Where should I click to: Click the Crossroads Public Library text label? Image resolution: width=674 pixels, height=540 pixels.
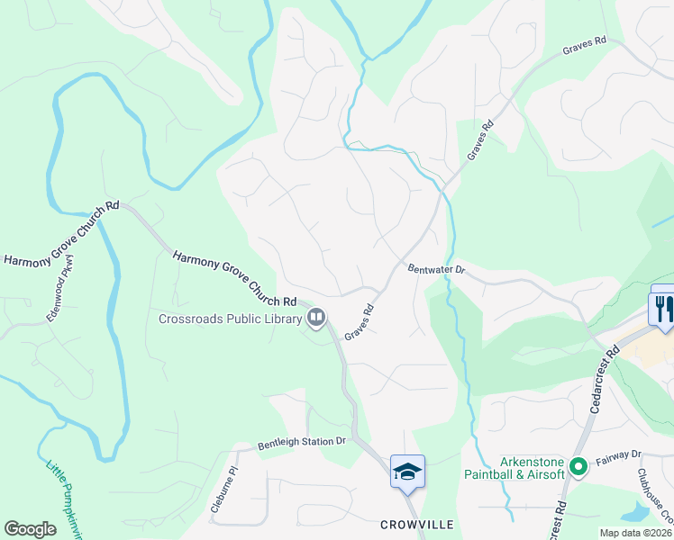(x=231, y=318)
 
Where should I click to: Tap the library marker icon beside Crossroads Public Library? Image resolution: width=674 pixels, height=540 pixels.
(x=316, y=317)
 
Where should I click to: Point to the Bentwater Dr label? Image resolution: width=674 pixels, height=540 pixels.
(x=435, y=269)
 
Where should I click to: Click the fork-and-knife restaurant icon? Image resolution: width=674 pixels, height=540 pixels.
(x=662, y=309)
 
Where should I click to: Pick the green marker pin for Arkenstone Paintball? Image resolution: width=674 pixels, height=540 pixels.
(x=578, y=467)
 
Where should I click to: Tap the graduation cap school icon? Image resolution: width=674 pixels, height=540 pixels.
(x=407, y=472)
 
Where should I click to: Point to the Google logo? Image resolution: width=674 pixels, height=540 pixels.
(x=30, y=529)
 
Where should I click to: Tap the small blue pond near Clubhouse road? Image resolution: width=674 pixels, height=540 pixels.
(x=636, y=513)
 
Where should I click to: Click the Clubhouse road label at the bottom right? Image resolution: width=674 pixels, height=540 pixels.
(x=655, y=494)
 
